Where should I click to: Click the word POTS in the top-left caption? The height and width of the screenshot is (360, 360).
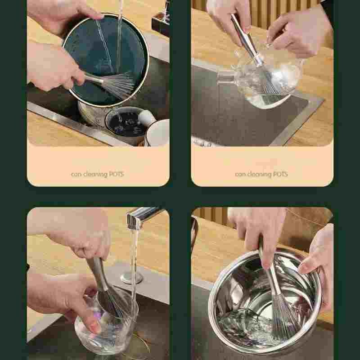[117, 174]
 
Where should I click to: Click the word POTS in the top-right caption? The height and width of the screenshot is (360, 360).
[280, 174]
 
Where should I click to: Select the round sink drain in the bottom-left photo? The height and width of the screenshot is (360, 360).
[132, 277]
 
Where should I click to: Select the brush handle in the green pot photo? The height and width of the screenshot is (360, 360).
[93, 78]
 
